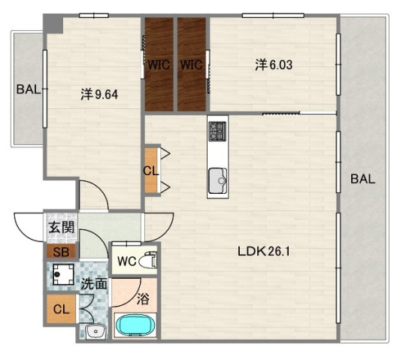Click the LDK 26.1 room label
coord(264,251)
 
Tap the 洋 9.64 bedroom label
coord(99,95)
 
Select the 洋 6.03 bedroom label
coord(274,65)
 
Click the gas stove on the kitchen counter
coord(217,132)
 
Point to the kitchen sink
coord(217,180)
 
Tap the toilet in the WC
coord(148,260)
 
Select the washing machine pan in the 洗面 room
coord(63,274)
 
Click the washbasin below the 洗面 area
coord(95,331)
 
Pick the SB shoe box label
coord(61,252)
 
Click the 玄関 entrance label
coord(62,228)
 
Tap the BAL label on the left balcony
coord(29,89)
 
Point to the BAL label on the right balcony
coord(362,179)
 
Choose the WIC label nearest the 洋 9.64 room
coord(159,65)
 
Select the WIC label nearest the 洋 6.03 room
coord(192,65)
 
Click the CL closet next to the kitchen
coord(151,171)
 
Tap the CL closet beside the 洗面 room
coord(62,309)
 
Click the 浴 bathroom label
coord(143,298)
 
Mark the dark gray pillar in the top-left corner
coord(53,23)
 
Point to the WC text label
coord(126,261)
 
